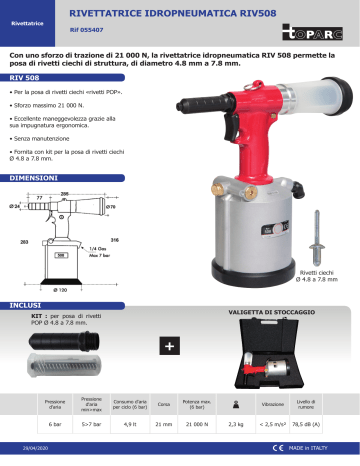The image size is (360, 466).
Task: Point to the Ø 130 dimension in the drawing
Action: tap(59, 290)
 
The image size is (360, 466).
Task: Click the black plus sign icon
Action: tap(169, 346)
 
